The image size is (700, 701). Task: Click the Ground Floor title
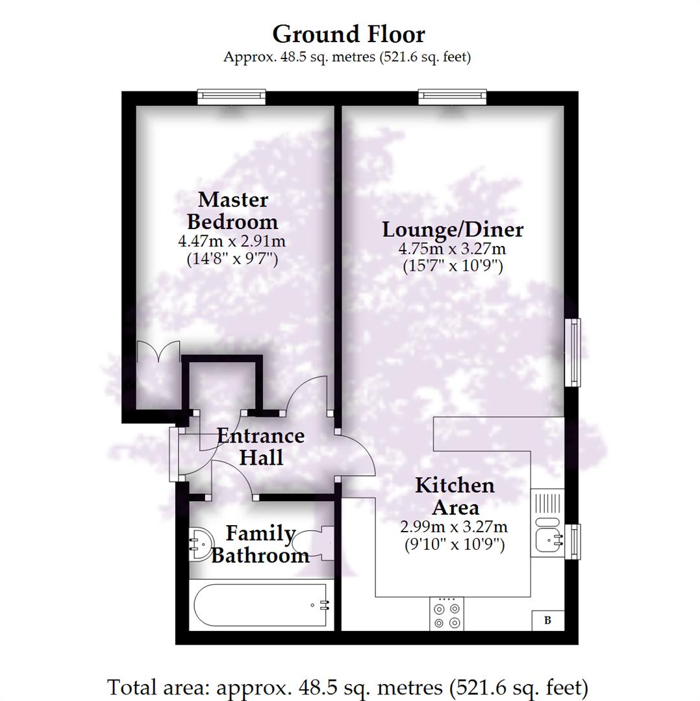[348, 34]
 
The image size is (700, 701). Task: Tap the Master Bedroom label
[232, 210]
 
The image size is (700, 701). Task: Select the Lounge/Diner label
[452, 230]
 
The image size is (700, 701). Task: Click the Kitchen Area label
[455, 496]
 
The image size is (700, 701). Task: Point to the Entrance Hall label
[260, 447]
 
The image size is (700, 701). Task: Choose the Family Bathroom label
[260, 544]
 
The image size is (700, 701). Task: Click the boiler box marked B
[547, 621]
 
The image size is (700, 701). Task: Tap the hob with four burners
[447, 614]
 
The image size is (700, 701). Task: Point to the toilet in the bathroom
[316, 543]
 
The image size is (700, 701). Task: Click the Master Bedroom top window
[232, 97]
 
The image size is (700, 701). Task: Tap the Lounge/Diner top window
[452, 97]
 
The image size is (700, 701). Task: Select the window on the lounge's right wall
[572, 352]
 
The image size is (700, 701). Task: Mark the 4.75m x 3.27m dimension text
[452, 249]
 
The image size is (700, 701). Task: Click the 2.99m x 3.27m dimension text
[454, 526]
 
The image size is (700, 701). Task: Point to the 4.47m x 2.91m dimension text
[232, 241]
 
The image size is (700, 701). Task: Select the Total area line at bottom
[348, 686]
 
